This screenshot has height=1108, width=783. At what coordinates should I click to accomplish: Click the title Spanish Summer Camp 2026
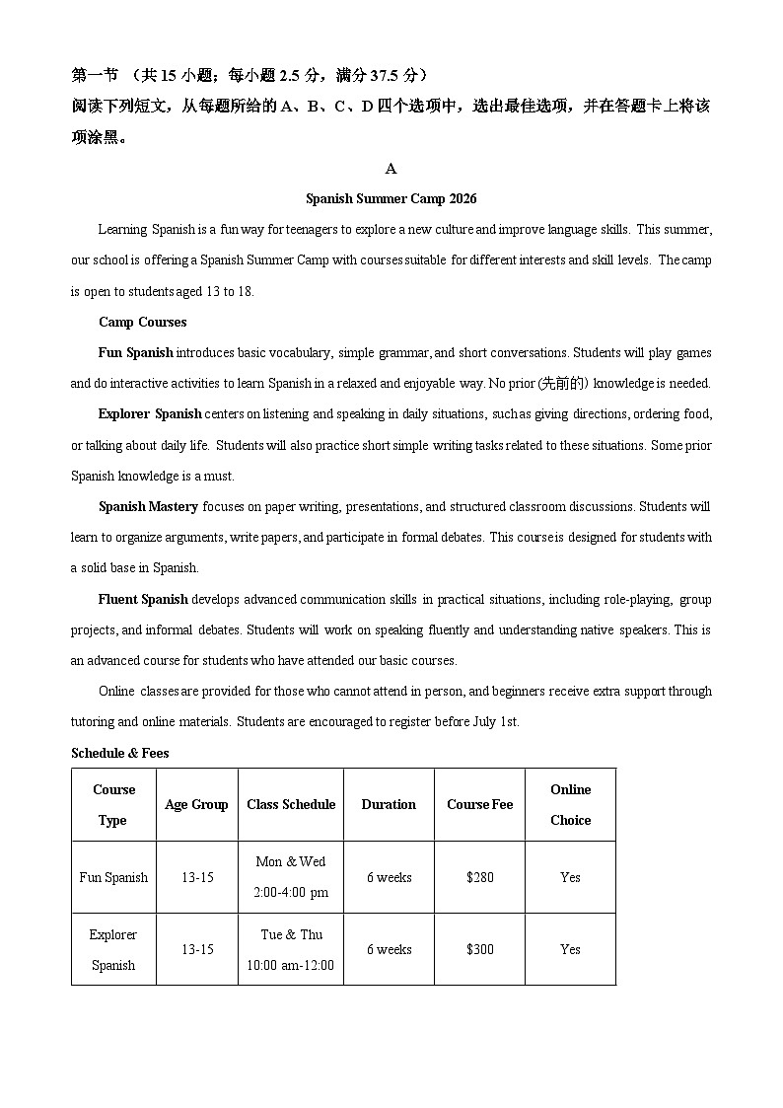[391, 199]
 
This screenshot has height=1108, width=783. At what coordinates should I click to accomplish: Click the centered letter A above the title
[391, 169]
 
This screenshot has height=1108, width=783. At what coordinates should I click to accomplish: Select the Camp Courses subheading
[142, 323]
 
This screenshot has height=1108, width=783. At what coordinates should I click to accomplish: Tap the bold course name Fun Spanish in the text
[135, 353]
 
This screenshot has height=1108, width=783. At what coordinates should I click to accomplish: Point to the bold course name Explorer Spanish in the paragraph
[150, 414]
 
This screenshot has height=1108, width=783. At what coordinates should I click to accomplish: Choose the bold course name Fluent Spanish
[143, 600]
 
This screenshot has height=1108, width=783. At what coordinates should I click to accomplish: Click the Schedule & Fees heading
[119, 754]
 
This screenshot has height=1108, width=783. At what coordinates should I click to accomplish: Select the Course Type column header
[113, 805]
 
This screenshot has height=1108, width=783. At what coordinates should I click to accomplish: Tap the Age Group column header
[196, 805]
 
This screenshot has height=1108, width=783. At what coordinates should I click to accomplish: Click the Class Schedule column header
[291, 805]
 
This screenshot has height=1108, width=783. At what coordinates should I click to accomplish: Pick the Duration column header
[389, 805]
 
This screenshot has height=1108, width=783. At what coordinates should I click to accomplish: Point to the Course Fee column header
[479, 805]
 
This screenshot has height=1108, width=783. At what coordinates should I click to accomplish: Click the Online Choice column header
[570, 805]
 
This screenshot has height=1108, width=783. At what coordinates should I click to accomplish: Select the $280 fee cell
[479, 878]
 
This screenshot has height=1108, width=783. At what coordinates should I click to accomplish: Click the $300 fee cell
[479, 950]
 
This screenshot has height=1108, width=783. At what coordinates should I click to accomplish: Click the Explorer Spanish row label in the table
[113, 950]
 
